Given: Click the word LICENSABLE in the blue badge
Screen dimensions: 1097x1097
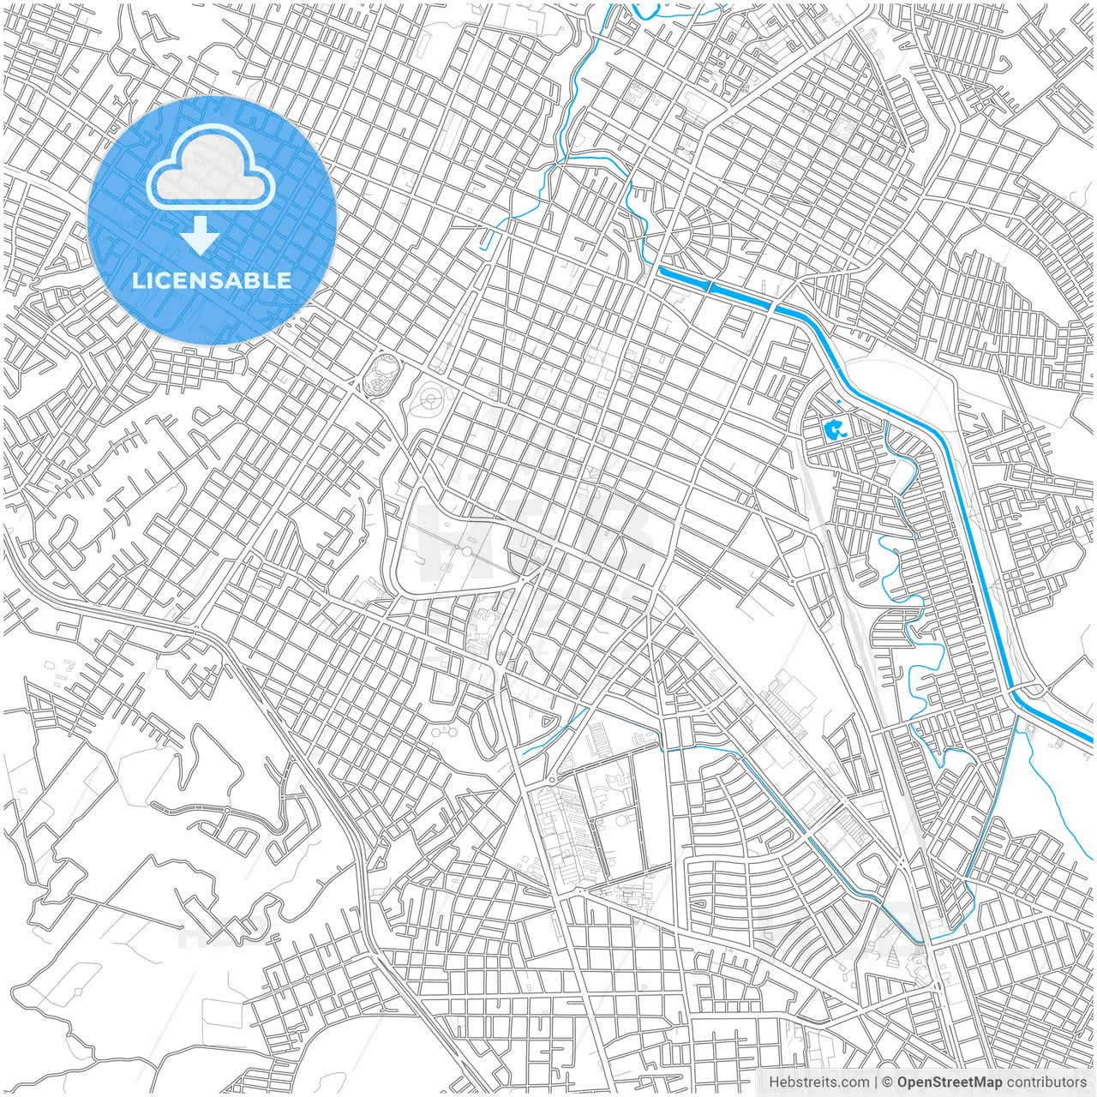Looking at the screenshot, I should point(211,280).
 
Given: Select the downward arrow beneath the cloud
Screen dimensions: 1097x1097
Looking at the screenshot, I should point(201,236).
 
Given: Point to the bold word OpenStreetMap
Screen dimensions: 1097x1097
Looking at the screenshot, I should point(950,1082).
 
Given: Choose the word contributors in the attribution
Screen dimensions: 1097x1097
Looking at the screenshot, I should point(1046,1082).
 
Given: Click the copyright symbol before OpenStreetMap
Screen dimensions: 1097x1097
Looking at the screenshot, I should point(888,1082).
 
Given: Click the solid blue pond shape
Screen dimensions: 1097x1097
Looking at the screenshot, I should point(831,428).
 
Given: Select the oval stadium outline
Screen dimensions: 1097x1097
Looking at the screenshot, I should point(380,375).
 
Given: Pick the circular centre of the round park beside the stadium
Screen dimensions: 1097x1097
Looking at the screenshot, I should point(429,398).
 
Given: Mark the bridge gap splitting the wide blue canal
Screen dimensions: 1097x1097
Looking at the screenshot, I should point(709,285).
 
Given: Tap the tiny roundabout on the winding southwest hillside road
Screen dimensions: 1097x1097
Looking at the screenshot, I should point(227,810).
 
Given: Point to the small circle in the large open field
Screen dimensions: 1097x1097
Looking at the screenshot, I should point(466,553).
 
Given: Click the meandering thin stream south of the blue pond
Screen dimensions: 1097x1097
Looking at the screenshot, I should point(900,583).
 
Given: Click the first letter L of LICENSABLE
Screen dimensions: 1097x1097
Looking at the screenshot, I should point(137,280).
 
